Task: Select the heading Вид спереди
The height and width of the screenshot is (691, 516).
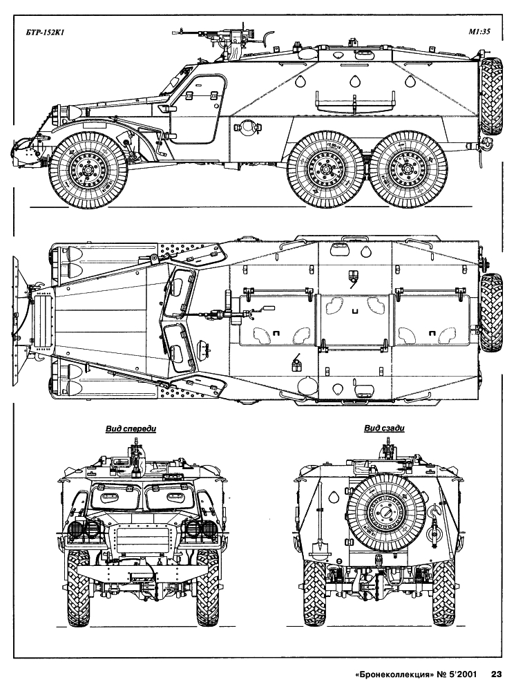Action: [131, 428]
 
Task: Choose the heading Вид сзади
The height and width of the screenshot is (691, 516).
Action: [384, 428]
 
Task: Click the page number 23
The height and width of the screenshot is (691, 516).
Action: [496, 674]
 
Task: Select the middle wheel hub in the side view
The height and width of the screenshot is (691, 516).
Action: [325, 170]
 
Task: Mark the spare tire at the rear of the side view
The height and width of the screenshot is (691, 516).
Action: [490, 97]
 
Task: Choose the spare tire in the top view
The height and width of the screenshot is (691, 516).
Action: [491, 312]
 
